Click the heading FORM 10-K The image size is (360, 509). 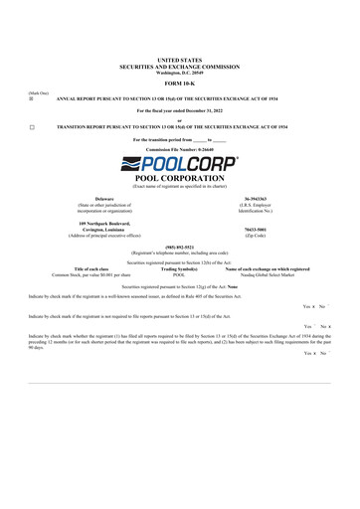pos(179,83)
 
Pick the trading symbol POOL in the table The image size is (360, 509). pos(179,274)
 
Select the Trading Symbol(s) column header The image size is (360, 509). pos(179,268)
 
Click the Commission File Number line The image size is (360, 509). pos(179,148)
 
